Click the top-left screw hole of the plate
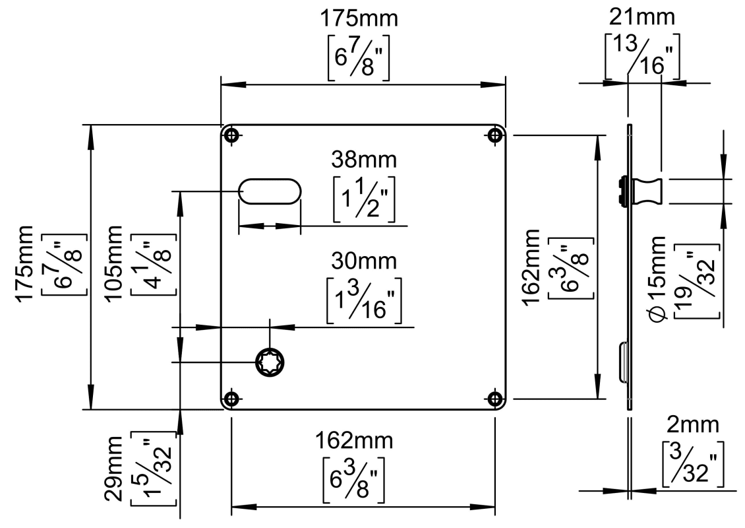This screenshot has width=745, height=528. (231, 135)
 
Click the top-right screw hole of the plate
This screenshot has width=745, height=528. (495, 135)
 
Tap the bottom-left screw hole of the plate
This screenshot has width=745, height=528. (231, 399)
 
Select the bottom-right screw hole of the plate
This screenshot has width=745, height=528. (495, 399)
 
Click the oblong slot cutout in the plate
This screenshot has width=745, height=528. (270, 191)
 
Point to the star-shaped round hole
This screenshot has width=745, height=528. (270, 362)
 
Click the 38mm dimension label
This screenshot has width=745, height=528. (364, 160)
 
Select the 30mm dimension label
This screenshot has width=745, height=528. (364, 261)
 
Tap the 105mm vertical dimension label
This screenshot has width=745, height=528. (114, 263)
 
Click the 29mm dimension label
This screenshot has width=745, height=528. (114, 469)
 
